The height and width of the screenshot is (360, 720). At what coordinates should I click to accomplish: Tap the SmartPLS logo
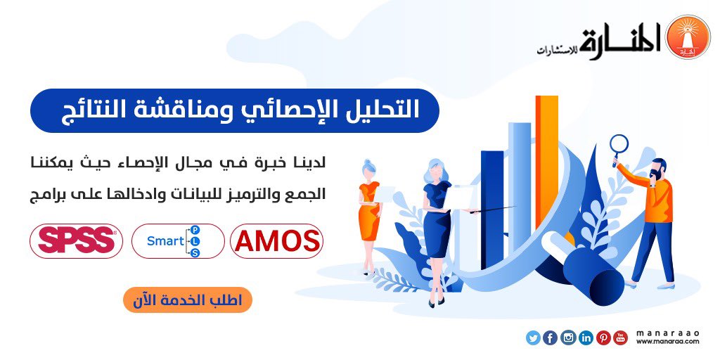(178, 241)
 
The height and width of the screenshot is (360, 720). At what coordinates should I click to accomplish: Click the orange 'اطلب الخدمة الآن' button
(187, 300)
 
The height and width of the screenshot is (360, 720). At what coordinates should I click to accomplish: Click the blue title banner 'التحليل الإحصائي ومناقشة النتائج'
(235, 110)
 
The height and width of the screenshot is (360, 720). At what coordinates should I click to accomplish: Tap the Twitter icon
(533, 338)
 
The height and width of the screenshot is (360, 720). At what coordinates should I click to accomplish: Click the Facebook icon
(551, 338)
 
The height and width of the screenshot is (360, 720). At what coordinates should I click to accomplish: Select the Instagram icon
(568, 338)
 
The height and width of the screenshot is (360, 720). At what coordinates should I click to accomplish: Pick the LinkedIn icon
(586, 338)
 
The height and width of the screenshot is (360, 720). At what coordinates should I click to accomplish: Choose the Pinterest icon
(603, 338)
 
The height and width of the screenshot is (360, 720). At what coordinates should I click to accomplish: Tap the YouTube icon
(620, 338)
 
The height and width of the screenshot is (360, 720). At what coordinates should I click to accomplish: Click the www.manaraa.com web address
(668, 342)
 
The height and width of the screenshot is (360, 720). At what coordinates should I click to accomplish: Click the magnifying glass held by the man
(619, 145)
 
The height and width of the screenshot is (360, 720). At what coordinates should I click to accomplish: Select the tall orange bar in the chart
(546, 169)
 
